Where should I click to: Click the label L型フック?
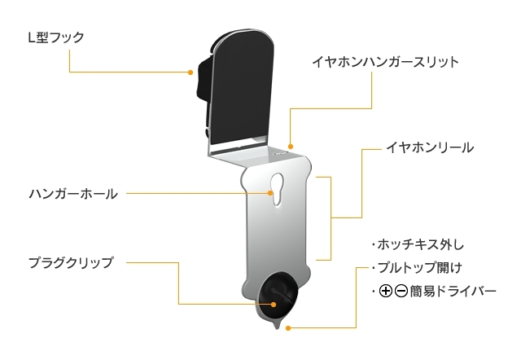pyautogui.click(x=56, y=37)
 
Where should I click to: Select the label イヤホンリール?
pyautogui.click(x=429, y=149)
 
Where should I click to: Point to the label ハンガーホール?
pyautogui.click(x=73, y=194)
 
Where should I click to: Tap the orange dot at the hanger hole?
pyautogui.click(x=272, y=194)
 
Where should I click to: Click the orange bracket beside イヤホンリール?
pyautogui.click(x=331, y=217)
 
